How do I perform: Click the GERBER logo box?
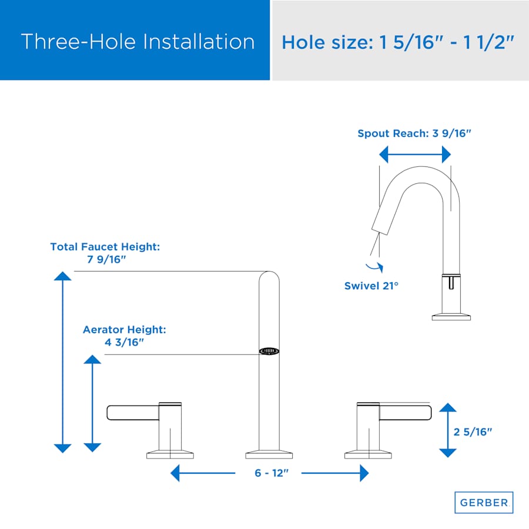pos(484,503)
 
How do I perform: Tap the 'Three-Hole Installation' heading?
pos(138,42)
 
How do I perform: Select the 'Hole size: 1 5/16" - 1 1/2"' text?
pos(398,42)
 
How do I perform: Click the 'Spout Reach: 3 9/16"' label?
pos(414,133)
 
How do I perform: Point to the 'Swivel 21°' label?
pos(371,286)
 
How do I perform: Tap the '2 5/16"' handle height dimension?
pos(473,432)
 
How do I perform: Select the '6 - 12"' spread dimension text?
pos(272,473)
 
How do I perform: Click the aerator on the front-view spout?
pos(269,351)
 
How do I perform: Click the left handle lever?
pos(133,413)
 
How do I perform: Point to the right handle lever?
pos(405,413)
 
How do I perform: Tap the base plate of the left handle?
pos(170,454)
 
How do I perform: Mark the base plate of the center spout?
pos(269,454)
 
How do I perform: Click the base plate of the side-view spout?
pos(451,316)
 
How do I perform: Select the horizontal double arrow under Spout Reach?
pos(415,155)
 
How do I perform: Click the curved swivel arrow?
pos(375,267)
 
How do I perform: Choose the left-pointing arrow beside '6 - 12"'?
pos(203,473)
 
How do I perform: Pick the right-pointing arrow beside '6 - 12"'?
pos(335,473)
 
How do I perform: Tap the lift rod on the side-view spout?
pos(451,282)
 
